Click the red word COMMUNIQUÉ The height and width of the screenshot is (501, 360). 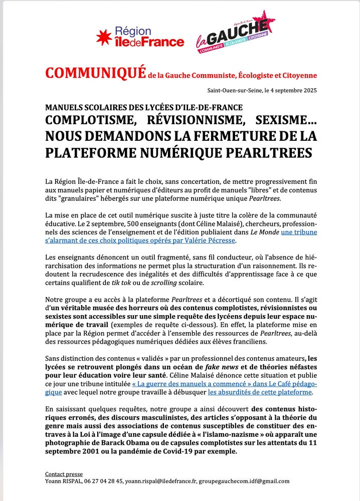coord(95,73)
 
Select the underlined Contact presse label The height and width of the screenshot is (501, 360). coord(64,474)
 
